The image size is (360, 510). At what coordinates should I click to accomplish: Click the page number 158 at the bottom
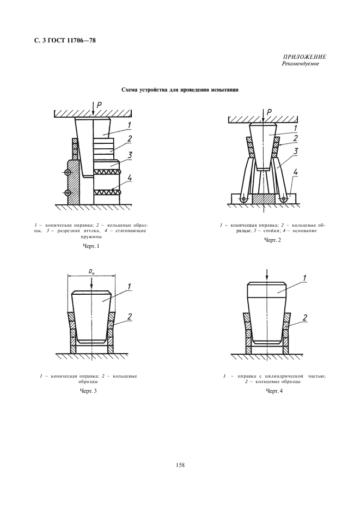click(180, 465)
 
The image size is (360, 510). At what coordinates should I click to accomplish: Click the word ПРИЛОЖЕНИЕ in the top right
click(304, 57)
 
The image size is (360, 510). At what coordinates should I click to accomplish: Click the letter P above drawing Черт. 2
click(270, 112)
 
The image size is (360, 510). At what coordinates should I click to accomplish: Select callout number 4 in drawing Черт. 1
click(130, 177)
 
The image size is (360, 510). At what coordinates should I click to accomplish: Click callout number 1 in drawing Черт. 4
click(304, 278)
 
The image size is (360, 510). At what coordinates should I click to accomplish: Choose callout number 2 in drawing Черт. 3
click(131, 317)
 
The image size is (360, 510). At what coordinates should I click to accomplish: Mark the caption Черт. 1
click(91, 246)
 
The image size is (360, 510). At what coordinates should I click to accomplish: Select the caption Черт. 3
click(91, 392)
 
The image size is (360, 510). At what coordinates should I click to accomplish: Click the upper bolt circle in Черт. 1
click(68, 173)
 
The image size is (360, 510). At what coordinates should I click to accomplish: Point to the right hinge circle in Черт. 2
click(284, 199)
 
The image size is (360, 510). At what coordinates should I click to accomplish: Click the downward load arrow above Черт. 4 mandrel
click(266, 273)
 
